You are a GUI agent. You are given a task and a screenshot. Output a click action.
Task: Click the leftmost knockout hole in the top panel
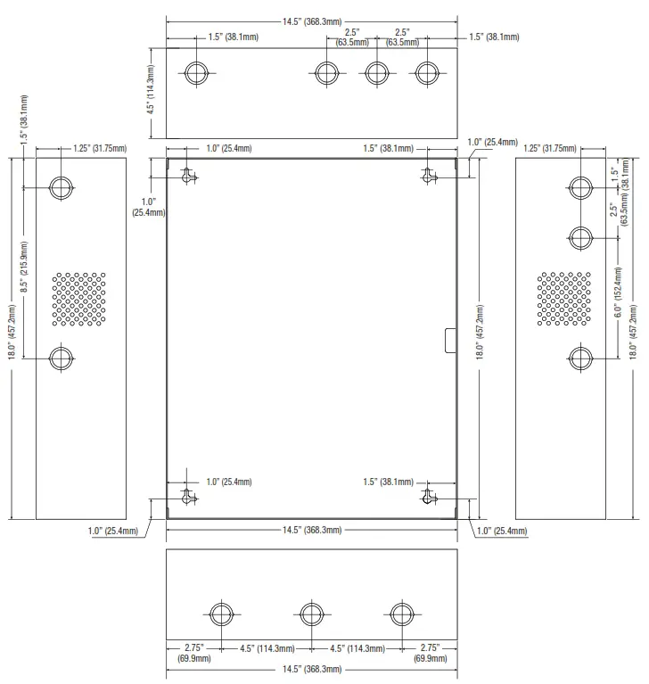tap(198, 74)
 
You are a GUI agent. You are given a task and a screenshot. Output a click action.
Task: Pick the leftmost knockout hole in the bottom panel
tap(221, 614)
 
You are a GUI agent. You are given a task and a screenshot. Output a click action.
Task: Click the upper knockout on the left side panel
tap(62, 187)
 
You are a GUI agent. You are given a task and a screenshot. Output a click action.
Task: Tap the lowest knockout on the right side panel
tap(580, 358)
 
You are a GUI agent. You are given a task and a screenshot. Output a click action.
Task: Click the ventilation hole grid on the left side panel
tap(79, 298)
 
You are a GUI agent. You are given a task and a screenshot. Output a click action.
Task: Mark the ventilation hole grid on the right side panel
tap(563, 298)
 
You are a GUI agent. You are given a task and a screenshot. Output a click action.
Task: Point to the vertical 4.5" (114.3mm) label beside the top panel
tap(152, 89)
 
